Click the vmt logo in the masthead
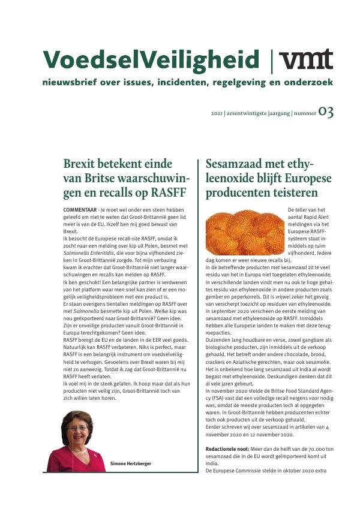pos(307,60)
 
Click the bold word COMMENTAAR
pos(80,207)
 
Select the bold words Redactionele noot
pos(229,449)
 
